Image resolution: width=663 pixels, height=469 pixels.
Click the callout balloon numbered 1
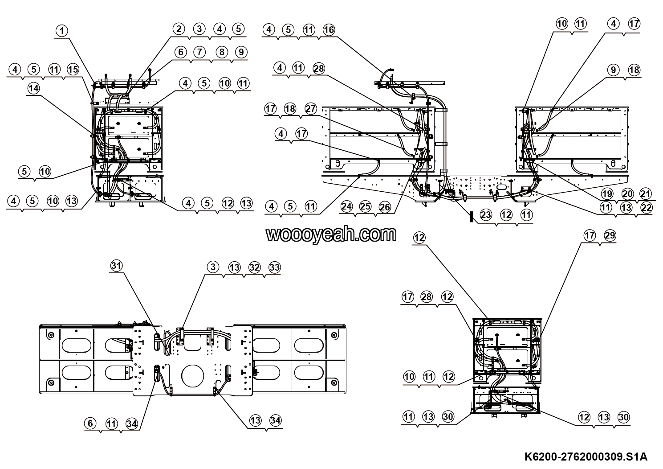(x=61, y=30)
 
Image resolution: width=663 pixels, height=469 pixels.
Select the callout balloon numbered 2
(x=179, y=29)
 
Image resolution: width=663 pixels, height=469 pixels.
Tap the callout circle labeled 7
(x=199, y=52)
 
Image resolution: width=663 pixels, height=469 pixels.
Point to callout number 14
(x=33, y=88)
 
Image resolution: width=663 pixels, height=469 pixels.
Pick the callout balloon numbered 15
(x=73, y=70)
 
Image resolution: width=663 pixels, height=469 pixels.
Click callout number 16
(x=329, y=29)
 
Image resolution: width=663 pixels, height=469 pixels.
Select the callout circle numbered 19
(x=607, y=194)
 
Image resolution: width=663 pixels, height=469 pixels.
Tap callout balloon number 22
(x=646, y=207)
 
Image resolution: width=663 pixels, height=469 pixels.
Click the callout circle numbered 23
(x=486, y=214)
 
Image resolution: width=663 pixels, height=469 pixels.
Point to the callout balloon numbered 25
(x=366, y=206)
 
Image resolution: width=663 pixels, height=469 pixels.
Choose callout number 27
(x=310, y=109)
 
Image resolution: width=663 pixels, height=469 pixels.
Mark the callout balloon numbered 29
(x=610, y=235)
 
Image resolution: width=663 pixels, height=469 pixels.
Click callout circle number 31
(x=116, y=265)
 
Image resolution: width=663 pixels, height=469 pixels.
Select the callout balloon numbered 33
(x=274, y=267)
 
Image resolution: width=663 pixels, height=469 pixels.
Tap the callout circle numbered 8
(x=222, y=52)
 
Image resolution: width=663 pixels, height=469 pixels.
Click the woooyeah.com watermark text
(x=331, y=234)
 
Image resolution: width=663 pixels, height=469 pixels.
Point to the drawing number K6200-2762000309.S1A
(x=586, y=457)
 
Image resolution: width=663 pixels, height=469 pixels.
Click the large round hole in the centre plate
(x=193, y=376)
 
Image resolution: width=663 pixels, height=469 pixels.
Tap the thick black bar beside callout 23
(x=472, y=217)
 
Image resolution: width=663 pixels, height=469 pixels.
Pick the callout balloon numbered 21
(x=646, y=194)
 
